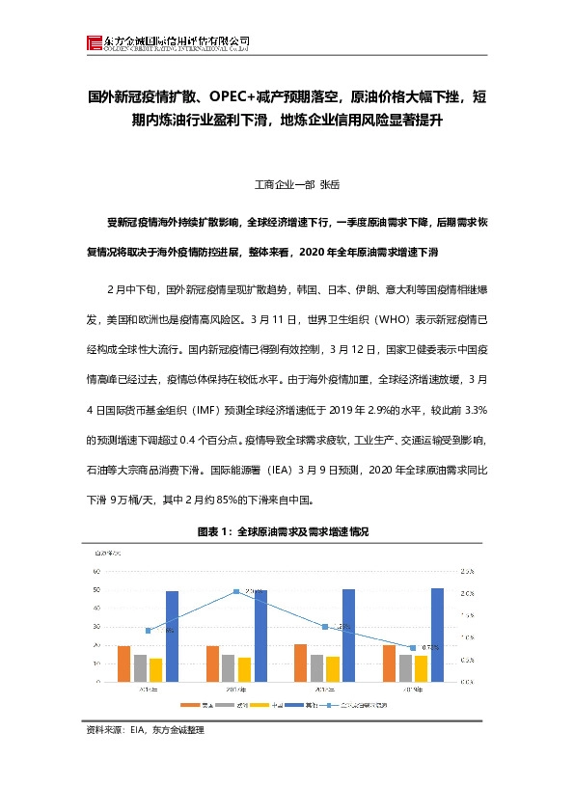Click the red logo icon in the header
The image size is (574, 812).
(93, 42)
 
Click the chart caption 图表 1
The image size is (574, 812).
(209, 531)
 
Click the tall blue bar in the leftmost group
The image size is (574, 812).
(172, 636)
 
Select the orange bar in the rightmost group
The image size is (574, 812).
(389, 663)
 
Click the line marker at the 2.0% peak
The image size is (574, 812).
(237, 591)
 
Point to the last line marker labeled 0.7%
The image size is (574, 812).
(413, 647)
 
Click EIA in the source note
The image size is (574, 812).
(135, 730)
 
